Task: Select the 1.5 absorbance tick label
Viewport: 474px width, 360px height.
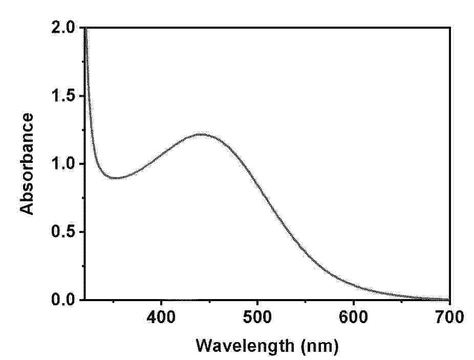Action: coord(63,96)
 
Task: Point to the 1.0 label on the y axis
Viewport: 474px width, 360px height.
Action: coord(63,164)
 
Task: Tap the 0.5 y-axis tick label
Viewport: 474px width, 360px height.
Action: coord(63,231)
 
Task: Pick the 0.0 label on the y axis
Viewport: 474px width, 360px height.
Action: coord(63,300)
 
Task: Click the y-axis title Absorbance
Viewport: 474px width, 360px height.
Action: coord(28,164)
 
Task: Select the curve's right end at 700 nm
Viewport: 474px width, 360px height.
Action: coord(449,299)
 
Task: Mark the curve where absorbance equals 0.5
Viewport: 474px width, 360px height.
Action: coord(287,231)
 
